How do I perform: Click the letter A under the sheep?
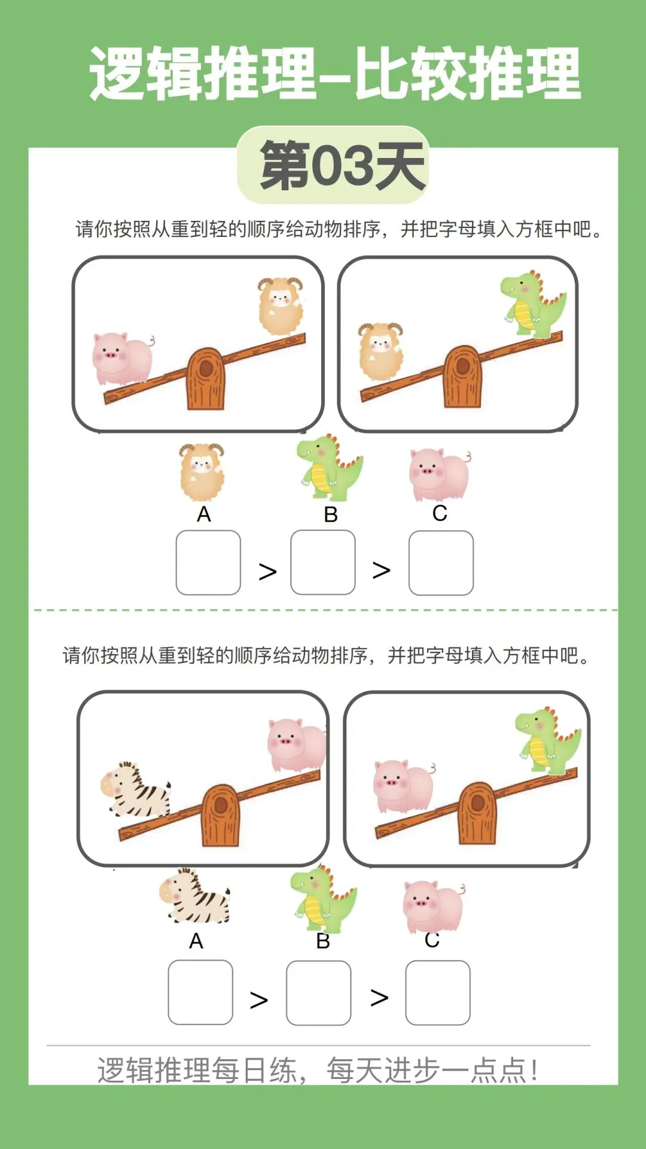204,514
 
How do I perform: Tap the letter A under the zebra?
196,941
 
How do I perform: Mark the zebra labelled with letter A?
195,896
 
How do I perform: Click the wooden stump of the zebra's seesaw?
220,815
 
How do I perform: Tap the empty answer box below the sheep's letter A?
208,563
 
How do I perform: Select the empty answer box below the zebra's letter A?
200,992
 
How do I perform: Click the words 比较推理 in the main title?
468,74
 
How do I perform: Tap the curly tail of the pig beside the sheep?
151,341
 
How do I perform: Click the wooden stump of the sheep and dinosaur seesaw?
462,376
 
